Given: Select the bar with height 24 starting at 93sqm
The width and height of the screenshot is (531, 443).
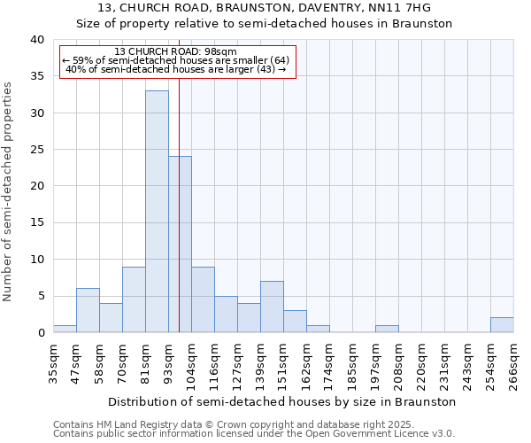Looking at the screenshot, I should (180, 244).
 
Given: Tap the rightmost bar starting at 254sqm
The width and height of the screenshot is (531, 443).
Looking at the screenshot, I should (502, 324).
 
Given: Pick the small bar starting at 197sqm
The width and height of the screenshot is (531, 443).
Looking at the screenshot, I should (387, 329).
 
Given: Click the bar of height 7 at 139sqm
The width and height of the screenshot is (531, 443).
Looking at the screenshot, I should (272, 307).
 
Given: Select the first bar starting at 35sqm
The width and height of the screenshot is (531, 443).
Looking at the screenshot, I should (65, 329).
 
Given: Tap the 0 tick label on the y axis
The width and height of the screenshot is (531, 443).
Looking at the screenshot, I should (40, 332).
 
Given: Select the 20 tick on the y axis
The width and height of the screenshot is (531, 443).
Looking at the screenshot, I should (36, 186).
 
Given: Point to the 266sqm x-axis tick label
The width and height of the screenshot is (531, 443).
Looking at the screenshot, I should (513, 363).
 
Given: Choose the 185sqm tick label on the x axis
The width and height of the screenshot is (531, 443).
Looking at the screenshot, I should (352, 363).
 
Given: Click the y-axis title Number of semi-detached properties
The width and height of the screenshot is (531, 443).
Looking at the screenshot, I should (8, 190).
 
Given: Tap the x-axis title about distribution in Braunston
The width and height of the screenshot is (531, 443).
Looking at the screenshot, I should (283, 401).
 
